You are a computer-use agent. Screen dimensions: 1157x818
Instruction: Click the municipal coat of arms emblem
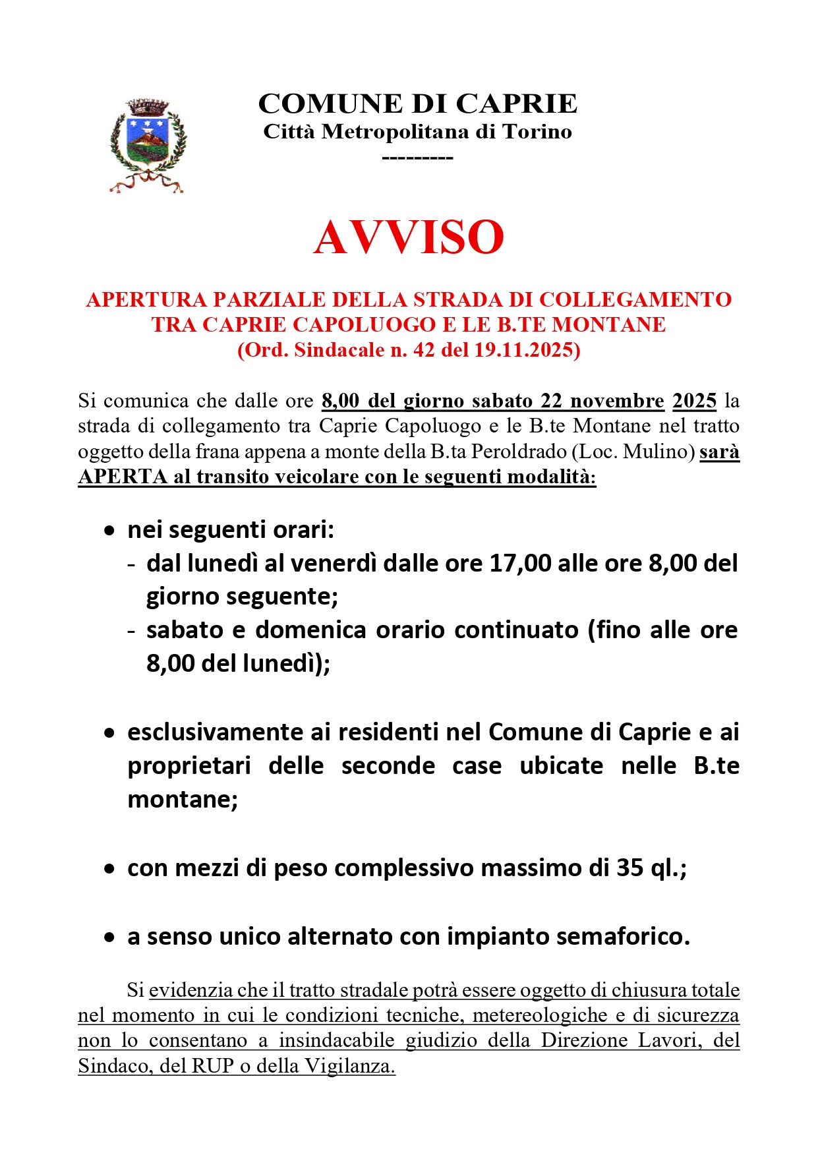pos(148,146)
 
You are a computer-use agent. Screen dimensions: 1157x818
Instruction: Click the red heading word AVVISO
pos(409,237)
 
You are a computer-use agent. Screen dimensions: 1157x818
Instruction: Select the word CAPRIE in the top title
pos(516,104)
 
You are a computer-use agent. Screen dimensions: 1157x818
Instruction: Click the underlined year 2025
pos(694,401)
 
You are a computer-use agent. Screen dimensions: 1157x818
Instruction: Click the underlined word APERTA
pos(123,477)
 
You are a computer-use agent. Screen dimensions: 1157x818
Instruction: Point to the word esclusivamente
pos(216,732)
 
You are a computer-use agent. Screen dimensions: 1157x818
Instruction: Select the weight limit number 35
pos(629,868)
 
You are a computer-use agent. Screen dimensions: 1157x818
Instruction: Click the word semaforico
pos(622,937)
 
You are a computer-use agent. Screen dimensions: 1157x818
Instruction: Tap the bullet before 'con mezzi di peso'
pos(109,870)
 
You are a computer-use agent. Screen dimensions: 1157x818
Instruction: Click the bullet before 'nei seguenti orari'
pos(109,531)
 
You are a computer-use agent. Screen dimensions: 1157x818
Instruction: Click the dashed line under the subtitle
pos(417,158)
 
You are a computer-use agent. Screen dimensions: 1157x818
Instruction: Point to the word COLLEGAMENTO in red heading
pos(636,299)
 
